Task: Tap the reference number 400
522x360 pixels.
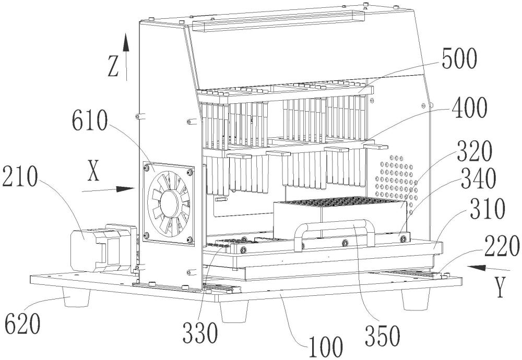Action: pos(464,110)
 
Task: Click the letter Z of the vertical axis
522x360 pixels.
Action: pos(113,68)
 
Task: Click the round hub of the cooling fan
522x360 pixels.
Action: pos(170,203)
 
